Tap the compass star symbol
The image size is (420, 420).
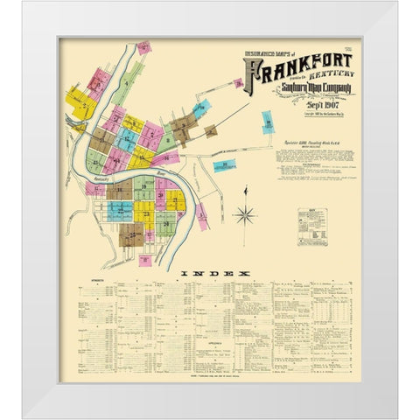pos(245,214)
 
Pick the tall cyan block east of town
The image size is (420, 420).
pos(267,122)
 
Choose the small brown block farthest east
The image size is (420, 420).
pos(211,132)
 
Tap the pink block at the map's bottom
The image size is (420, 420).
pos(144,259)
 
